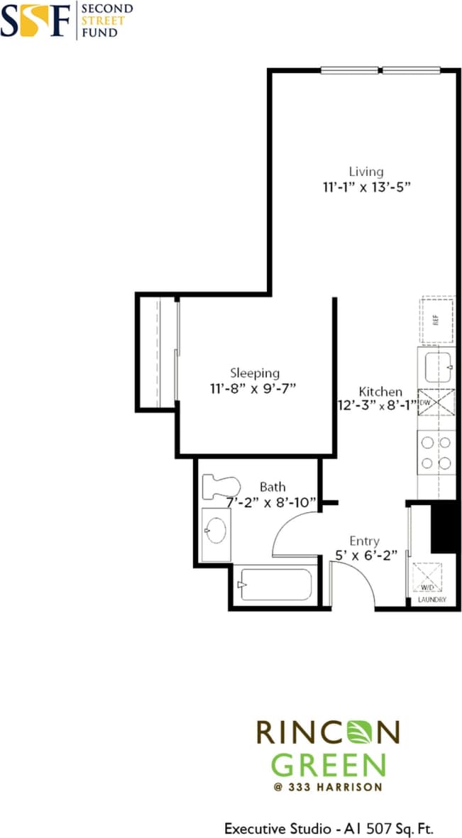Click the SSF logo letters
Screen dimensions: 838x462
coord(35,20)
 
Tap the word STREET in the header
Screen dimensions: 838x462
coord(103,21)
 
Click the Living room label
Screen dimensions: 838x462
coord(365,171)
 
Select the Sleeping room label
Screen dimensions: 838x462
coord(255,373)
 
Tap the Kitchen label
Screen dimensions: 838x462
coord(380,392)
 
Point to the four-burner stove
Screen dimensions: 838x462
coord(436,453)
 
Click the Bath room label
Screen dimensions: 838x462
coord(273,487)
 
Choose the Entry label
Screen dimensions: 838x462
coord(364,541)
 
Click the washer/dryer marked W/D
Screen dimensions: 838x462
coord(429,576)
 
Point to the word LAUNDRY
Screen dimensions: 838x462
coord(432,600)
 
